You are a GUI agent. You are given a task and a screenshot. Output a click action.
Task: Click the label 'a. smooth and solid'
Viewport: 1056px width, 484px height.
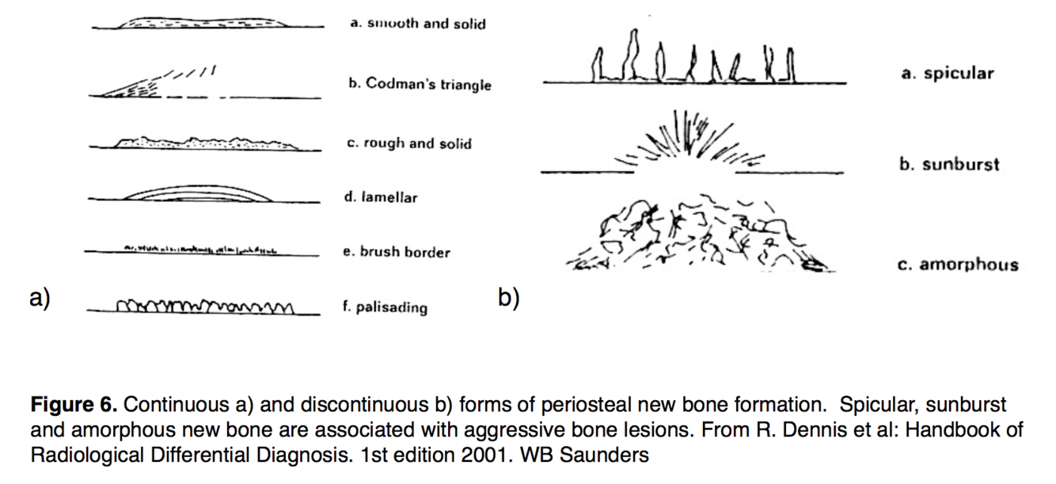(x=417, y=24)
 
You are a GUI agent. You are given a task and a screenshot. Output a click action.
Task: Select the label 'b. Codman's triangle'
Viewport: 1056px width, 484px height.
(x=420, y=84)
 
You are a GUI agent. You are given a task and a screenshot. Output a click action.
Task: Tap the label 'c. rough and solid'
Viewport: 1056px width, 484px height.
(x=409, y=143)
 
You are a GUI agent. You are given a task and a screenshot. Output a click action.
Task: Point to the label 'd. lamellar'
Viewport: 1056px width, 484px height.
(x=380, y=197)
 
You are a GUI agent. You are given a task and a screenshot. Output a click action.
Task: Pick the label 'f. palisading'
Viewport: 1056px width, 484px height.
(x=385, y=307)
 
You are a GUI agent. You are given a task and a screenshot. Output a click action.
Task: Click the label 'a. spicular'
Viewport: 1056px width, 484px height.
(x=947, y=74)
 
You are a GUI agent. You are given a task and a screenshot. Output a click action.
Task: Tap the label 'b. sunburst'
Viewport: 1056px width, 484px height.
(x=949, y=165)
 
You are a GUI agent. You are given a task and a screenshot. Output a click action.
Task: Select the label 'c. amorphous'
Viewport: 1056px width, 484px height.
(x=958, y=265)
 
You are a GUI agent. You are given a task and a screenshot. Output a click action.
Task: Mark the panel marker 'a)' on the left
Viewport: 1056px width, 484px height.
(x=39, y=298)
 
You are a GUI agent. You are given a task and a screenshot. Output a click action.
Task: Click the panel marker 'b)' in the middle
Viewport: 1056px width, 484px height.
(x=508, y=298)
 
